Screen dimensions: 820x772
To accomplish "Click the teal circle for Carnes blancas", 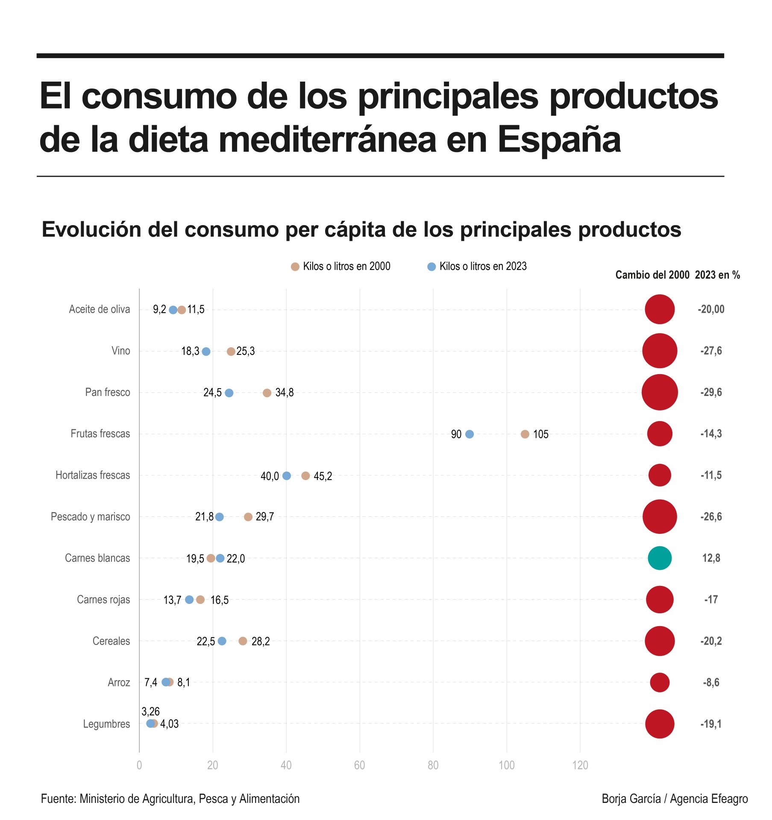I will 659,558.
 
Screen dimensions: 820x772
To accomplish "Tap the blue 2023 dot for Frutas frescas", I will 469,434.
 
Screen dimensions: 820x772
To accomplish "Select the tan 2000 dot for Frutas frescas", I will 525,434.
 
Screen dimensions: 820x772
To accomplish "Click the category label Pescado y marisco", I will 90,517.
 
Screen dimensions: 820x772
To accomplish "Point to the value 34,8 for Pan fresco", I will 284,392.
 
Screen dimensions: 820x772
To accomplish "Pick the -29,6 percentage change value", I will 711,392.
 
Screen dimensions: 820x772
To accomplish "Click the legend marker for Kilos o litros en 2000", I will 295,266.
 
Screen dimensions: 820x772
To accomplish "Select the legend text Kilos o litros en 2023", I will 483,266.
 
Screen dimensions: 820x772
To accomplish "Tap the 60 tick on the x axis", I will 359,765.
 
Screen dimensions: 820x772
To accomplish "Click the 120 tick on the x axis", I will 580,765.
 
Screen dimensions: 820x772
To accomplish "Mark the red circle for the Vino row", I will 659,351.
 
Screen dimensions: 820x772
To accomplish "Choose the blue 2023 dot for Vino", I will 206,351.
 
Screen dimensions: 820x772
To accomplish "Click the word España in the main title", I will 559,140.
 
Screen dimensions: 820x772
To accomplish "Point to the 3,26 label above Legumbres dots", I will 150,712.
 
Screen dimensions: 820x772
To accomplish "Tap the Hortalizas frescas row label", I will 93,475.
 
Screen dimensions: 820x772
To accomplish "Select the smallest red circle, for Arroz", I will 659,682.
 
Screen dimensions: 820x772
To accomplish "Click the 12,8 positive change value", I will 711,558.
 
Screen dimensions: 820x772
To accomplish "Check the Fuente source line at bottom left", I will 170,799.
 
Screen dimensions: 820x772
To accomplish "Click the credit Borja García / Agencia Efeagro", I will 674,799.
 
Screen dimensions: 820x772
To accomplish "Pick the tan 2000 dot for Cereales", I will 243,641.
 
